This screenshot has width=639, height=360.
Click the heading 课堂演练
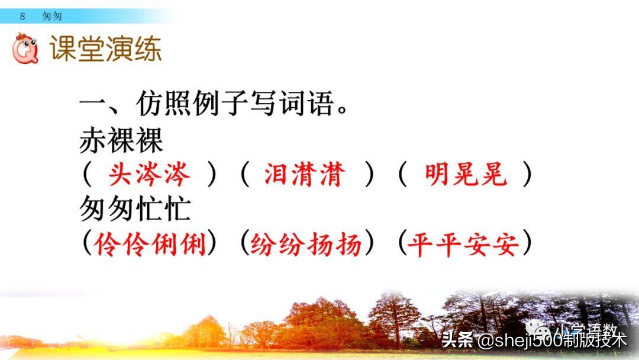click(105, 49)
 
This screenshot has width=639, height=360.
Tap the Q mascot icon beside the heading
click(25, 49)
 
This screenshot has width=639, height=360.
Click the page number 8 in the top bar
click(22, 16)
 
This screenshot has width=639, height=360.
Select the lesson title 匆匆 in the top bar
click(52, 16)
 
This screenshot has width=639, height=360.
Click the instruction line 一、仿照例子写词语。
click(213, 107)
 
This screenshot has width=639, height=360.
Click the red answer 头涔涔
click(150, 175)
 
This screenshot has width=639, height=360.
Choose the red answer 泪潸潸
click(305, 175)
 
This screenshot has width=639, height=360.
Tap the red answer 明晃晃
click(466, 175)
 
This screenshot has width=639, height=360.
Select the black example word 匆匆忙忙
click(135, 209)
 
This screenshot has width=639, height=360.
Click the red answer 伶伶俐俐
click(150, 243)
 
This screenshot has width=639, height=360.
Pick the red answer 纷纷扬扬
click(306, 243)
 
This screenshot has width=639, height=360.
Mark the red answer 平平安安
click(463, 243)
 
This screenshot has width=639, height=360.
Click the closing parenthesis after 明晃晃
click(527, 175)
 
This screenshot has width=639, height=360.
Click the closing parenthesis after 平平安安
click(526, 243)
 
